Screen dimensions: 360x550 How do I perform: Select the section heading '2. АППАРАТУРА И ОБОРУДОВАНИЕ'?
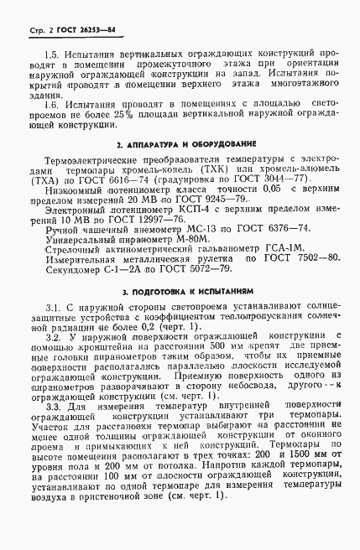click(x=180, y=145)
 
